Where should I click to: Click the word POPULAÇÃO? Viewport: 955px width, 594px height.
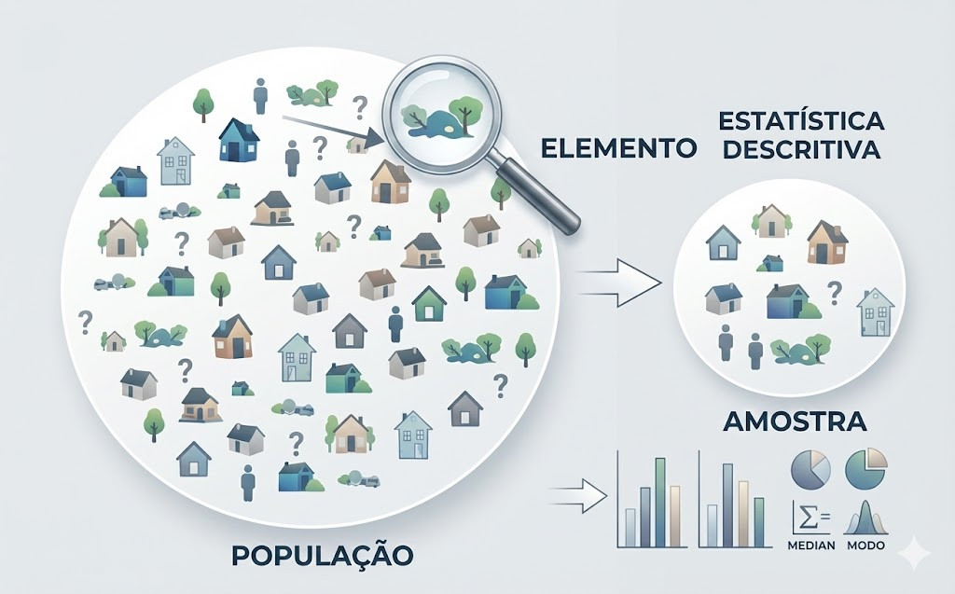(x=322, y=554)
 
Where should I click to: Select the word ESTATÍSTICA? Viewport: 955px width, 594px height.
(x=801, y=122)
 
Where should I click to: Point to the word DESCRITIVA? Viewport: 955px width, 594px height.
(x=801, y=150)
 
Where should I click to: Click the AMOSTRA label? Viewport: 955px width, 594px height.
(x=795, y=421)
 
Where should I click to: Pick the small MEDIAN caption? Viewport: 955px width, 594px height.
(x=810, y=545)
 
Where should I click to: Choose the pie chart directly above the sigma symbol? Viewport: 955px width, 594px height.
(x=810, y=469)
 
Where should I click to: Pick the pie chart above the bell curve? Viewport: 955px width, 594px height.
(x=866, y=467)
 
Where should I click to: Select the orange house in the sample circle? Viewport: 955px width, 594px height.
(x=825, y=243)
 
